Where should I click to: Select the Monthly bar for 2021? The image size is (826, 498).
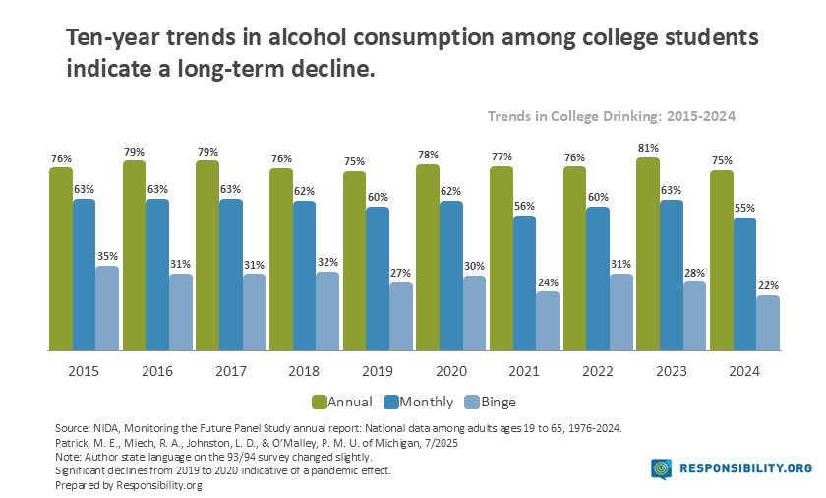click(525, 283)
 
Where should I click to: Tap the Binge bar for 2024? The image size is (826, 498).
click(768, 323)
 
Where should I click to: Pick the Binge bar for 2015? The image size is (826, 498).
click(107, 308)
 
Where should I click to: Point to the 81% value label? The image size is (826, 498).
click(648, 148)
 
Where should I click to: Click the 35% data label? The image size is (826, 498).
click(107, 256)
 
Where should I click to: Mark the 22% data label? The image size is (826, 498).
click(768, 285)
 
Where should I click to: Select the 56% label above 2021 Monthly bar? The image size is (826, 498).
click(525, 206)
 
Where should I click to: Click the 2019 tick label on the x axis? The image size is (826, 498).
click(378, 371)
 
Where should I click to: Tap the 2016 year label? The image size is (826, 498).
click(157, 371)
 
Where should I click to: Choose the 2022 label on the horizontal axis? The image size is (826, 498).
click(598, 371)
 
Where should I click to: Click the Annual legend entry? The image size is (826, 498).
click(341, 402)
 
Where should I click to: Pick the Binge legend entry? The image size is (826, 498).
click(489, 402)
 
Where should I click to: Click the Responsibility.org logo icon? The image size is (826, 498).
click(662, 469)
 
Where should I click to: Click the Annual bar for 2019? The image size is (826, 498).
click(355, 261)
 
